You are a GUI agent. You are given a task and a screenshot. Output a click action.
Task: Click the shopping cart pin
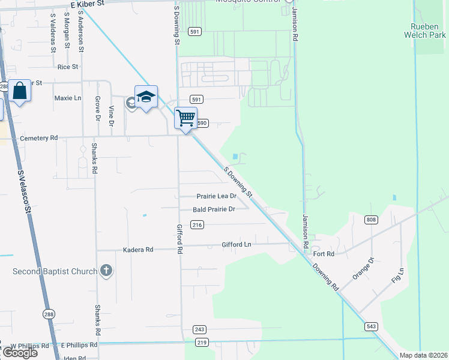pos(186,118)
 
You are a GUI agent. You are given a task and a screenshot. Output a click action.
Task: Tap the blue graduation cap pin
pos(146,97)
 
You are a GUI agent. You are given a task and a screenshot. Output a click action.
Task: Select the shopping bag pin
pos(20,91)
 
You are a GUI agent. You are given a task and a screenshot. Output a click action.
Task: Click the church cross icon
pos(106,271)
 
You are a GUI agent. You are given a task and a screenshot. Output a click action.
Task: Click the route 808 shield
pos(371,220)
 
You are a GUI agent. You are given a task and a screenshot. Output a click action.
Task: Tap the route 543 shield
pos(370,326)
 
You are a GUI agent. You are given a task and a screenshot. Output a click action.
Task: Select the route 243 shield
pos(200,329)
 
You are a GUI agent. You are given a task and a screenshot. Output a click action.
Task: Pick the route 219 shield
pos(202,343)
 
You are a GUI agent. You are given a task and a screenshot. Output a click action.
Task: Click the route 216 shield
pos(197,225)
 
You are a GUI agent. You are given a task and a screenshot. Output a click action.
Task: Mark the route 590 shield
pos(202,123)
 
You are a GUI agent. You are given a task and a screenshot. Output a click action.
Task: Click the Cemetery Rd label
pos(39,138)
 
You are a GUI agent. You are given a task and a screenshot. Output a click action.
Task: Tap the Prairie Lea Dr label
pos(217,196)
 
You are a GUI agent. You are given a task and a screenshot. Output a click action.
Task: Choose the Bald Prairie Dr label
pos(214,209)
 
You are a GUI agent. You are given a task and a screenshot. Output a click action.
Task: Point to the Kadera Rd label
pos(138,250)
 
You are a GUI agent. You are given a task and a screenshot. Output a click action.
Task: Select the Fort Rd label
pos(324,254)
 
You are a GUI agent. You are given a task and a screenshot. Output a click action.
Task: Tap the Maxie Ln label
pos(67,98)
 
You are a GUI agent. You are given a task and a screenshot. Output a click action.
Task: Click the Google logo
pos(19,353)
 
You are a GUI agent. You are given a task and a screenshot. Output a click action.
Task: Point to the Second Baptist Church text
pos(55,272)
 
